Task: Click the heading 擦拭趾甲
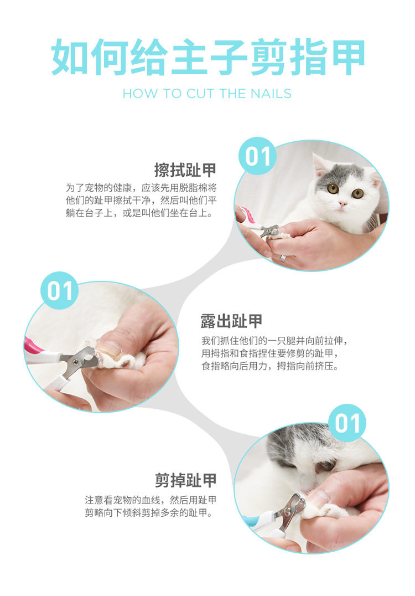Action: [x=185, y=170]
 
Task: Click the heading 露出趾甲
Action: [x=232, y=321]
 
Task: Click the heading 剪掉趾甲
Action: [x=186, y=480]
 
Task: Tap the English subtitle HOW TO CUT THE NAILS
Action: [x=207, y=94]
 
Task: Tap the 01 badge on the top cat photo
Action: [x=258, y=156]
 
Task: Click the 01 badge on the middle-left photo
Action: [x=60, y=290]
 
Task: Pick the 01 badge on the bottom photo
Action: [x=347, y=423]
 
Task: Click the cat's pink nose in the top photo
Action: [x=343, y=204]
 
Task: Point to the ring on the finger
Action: [x=283, y=258]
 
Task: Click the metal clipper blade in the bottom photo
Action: [x=292, y=510]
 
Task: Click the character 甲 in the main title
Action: [x=346, y=57]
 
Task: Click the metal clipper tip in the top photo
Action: [x=271, y=230]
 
